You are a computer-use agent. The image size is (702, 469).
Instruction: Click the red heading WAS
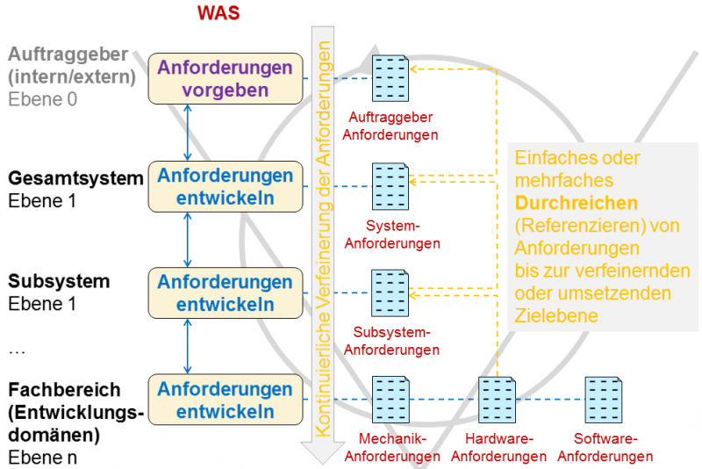point(217,13)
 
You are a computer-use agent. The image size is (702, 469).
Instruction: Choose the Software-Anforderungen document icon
point(605,400)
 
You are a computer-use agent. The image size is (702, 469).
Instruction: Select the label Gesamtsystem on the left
point(75,178)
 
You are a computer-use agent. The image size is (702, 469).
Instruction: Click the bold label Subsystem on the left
point(59,282)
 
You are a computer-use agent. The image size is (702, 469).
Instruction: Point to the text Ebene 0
point(43,98)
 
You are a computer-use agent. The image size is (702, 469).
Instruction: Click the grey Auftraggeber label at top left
point(68,54)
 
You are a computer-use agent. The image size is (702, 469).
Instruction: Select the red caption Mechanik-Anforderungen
point(392,447)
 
